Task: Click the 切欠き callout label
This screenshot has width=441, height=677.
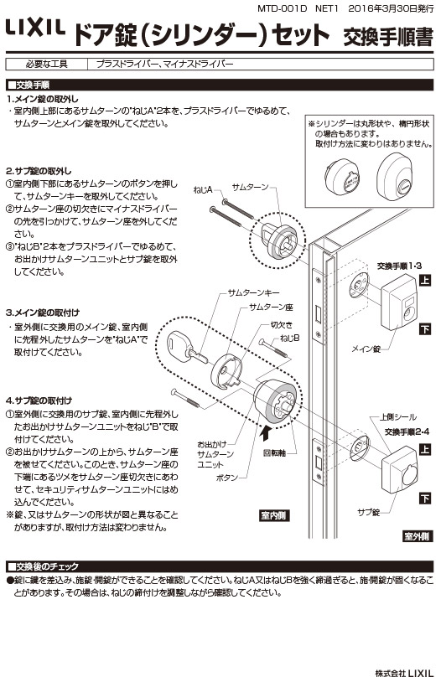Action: tap(281, 325)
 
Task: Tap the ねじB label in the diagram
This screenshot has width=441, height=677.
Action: tap(290, 338)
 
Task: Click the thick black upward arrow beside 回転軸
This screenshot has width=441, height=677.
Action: tap(267, 432)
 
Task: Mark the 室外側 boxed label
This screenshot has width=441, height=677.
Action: tap(416, 535)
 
